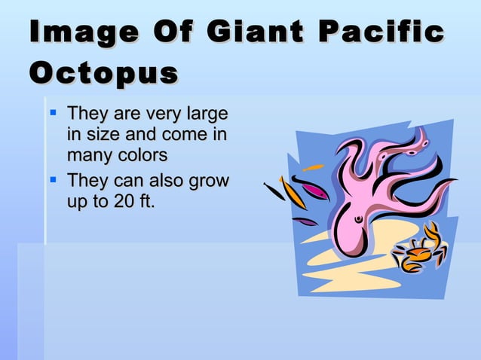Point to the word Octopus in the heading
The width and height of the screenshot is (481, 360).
103,74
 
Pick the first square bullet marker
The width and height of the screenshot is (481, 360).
54,115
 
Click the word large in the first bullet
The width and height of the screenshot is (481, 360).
205,115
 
